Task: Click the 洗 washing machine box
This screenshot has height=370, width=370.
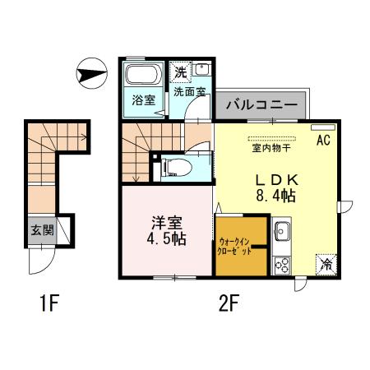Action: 179,72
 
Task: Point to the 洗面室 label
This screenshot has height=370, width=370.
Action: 190,92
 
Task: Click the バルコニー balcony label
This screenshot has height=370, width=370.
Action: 261,105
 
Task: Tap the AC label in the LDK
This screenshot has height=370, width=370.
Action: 323,140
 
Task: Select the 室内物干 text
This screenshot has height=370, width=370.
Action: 271,150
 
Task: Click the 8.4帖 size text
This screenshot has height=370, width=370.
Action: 275,197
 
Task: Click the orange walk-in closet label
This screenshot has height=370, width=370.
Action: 241,245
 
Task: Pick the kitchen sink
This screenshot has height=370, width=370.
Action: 282,233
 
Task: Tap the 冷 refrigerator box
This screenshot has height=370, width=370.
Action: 326,265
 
